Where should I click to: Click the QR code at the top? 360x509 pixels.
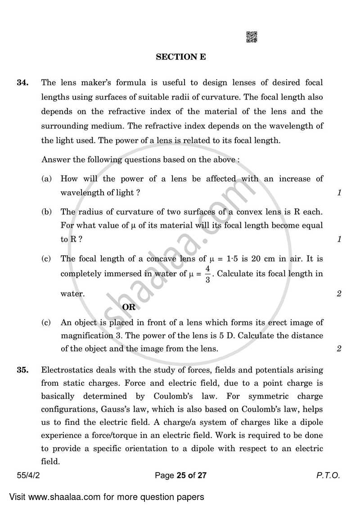252,37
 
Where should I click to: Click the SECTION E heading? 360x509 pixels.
181,57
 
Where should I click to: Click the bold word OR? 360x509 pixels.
129,307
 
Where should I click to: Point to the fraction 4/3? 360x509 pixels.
208,274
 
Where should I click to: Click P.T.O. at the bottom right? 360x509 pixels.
329,463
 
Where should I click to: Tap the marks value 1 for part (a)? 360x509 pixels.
339,193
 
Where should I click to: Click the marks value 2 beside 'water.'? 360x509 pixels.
339,294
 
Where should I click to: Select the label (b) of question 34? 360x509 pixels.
46,212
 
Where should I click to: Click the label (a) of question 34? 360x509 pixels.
46,179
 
